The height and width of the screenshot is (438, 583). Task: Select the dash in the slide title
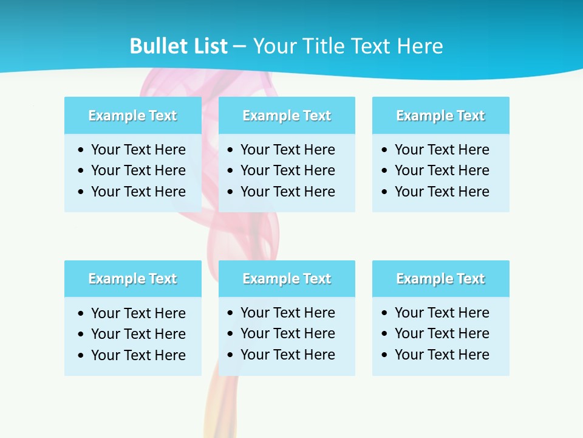(239, 47)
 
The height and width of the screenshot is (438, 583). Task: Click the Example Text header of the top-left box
(132, 116)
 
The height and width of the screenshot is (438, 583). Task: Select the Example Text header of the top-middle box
(287, 116)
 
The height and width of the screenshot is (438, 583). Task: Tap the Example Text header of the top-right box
(440, 116)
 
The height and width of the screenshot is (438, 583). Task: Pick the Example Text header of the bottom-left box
(132, 279)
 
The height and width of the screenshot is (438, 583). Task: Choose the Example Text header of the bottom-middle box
(287, 279)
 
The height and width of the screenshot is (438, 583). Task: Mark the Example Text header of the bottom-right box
(440, 279)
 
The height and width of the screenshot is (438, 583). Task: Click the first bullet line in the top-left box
(138, 150)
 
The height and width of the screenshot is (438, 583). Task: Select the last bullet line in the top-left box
(138, 192)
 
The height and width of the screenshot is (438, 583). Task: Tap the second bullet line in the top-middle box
(287, 170)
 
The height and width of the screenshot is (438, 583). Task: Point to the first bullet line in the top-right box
(442, 150)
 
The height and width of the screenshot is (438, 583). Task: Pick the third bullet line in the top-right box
(442, 192)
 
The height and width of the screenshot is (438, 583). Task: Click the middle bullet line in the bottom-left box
(138, 334)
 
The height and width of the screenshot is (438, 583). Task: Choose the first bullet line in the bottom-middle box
(287, 313)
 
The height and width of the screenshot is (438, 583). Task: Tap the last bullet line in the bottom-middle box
(287, 355)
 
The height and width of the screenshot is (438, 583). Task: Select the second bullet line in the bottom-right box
(442, 333)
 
